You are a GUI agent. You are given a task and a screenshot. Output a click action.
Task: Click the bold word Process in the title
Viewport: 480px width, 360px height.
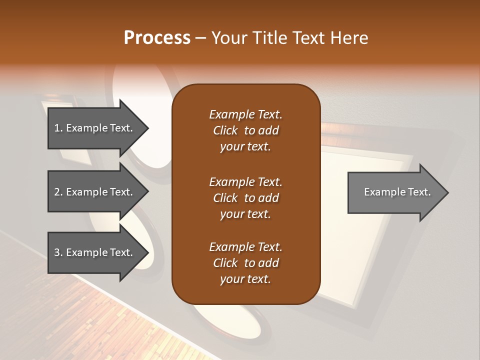[x=157, y=38]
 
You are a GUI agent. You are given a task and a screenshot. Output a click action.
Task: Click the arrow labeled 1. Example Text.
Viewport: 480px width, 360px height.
[x=95, y=128]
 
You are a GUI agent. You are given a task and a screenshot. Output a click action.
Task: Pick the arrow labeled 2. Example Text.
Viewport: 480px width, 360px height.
[x=95, y=192]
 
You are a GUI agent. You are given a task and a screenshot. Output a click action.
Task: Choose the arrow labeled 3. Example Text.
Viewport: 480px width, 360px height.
[x=95, y=253]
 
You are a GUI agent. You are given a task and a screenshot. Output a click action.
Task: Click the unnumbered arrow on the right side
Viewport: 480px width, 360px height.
[x=395, y=192]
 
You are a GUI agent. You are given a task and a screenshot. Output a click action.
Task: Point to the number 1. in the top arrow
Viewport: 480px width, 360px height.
[x=58, y=128]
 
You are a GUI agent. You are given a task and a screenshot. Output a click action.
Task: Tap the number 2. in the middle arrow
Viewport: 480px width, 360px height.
[x=58, y=192]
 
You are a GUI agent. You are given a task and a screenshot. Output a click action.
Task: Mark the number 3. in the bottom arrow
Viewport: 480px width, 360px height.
[x=58, y=253]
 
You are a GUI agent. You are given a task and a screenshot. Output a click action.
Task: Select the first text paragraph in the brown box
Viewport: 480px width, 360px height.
[x=245, y=130]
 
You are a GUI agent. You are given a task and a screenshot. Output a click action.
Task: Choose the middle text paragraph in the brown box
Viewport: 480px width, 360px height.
[x=245, y=198]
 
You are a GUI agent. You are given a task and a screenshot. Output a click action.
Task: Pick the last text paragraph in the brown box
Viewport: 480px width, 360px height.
[x=245, y=263]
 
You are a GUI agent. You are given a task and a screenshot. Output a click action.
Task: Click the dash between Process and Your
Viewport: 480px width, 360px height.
[x=201, y=38]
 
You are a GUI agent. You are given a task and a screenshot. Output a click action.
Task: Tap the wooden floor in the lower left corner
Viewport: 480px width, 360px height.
[x=75, y=320]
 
